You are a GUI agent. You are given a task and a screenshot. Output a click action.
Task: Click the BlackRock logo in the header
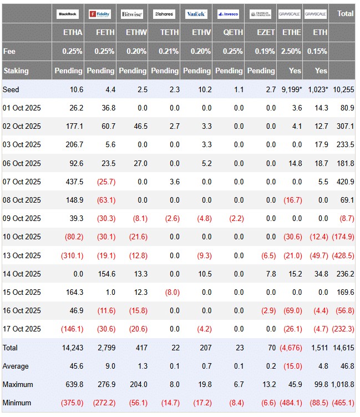(x=68, y=13)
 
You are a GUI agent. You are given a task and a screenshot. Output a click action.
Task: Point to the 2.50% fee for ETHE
(x=291, y=51)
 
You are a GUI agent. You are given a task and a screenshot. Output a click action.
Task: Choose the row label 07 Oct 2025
(x=22, y=182)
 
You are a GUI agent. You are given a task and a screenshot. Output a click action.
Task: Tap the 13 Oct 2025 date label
(x=22, y=255)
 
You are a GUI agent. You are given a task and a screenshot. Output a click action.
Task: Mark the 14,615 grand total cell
(x=344, y=348)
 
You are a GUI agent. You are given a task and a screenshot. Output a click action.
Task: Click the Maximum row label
(x=18, y=384)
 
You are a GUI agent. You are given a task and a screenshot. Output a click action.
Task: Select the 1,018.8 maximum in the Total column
(x=342, y=384)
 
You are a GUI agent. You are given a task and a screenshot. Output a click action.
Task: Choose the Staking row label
(x=16, y=71)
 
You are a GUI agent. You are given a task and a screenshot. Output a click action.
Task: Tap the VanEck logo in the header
(x=197, y=13)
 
